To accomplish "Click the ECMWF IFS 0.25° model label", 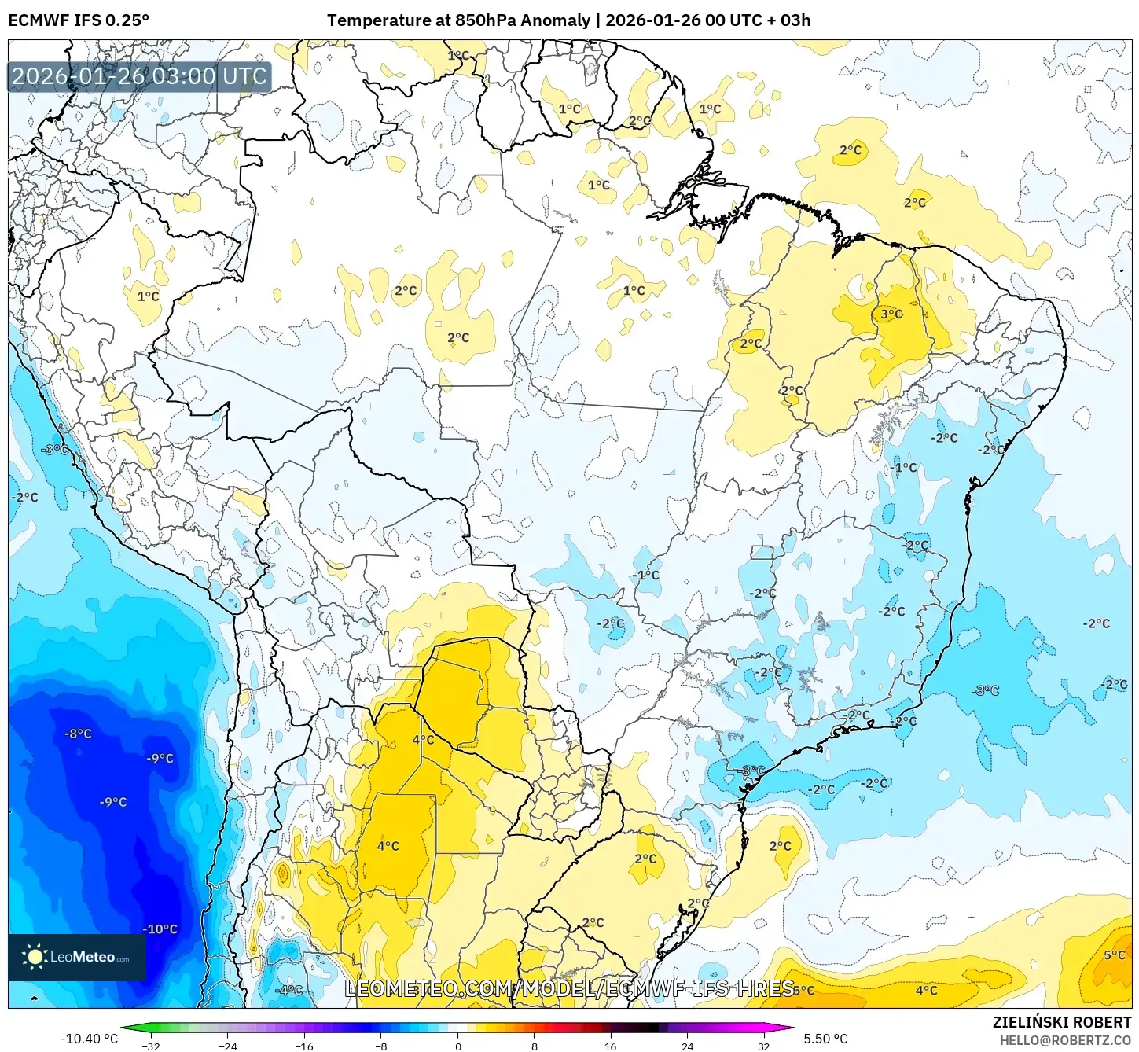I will [79, 20].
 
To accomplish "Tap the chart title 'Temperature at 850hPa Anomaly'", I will [458, 20].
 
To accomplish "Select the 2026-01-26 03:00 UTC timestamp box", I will [139, 77].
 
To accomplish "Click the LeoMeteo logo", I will [77, 957].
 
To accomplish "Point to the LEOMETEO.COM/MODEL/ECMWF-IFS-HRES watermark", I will [569, 988].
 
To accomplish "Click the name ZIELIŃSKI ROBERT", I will [1061, 1022].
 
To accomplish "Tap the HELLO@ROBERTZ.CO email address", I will [1065, 1040].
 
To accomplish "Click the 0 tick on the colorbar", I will [457, 1046].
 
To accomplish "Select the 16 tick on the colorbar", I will [610, 1046].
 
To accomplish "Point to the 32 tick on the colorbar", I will [763, 1046].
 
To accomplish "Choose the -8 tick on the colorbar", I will [380, 1046].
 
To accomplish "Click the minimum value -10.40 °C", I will [89, 1039].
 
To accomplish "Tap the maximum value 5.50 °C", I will [825, 1039].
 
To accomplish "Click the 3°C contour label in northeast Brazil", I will [891, 314].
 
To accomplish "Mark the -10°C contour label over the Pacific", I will [160, 929].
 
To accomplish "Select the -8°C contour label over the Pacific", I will [78, 734].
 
